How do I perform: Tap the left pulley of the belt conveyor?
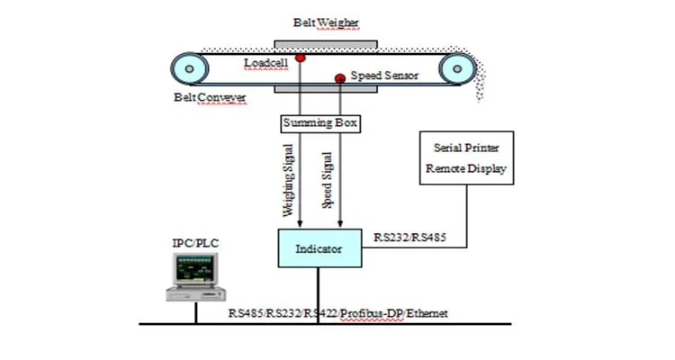(x=190, y=67)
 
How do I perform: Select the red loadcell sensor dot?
(x=299, y=59)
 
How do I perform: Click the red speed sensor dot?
(x=340, y=79)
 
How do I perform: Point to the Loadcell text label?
(x=267, y=62)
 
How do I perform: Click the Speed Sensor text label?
(x=384, y=76)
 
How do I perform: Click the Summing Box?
(x=320, y=121)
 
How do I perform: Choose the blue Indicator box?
(x=319, y=247)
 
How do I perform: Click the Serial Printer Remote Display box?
(x=466, y=157)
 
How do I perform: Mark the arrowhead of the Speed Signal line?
(x=339, y=224)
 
